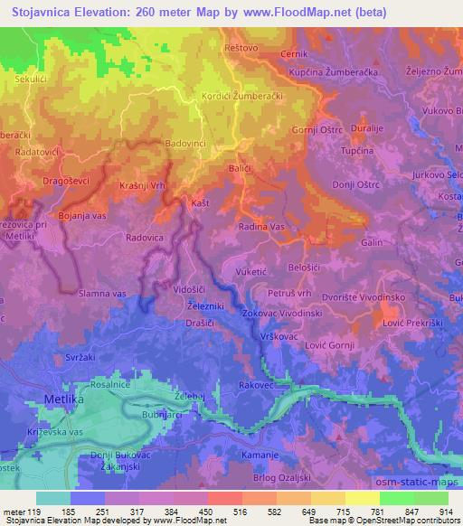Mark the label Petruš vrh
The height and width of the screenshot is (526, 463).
289,294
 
